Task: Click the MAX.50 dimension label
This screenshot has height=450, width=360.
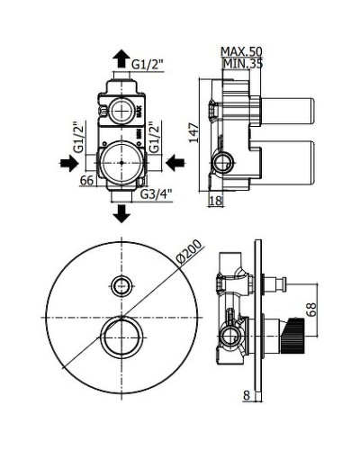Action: (241, 51)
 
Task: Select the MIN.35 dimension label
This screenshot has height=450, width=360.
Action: (243, 64)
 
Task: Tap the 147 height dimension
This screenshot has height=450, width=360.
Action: (194, 132)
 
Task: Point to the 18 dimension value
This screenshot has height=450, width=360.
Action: (216, 201)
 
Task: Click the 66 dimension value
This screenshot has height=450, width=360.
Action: (87, 181)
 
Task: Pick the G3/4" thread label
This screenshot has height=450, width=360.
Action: (157, 194)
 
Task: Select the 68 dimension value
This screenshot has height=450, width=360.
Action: (311, 309)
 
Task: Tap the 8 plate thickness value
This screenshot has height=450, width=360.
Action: (247, 395)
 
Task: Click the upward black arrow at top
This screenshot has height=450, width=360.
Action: (121, 58)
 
